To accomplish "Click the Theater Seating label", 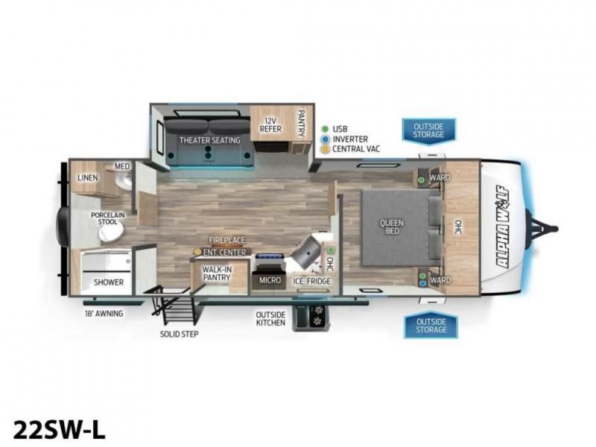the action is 210,140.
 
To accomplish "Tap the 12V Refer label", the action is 270,124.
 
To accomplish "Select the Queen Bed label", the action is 392,226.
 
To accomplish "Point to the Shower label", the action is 109,282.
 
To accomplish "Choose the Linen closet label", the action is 88,177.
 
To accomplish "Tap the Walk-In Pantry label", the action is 217,273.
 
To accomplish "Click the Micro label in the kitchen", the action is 270,280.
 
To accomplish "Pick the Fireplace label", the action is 227,240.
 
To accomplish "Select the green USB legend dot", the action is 326,129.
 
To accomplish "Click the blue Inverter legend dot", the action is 326,139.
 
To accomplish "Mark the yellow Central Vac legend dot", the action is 326,149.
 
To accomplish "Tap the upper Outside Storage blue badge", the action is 429,131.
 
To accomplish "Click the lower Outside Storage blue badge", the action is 431,326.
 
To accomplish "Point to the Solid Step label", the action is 179,334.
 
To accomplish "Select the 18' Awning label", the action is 104,314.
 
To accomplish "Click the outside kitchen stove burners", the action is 317,316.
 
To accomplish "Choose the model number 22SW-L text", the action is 60,430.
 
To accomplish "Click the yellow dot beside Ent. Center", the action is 197,252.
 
